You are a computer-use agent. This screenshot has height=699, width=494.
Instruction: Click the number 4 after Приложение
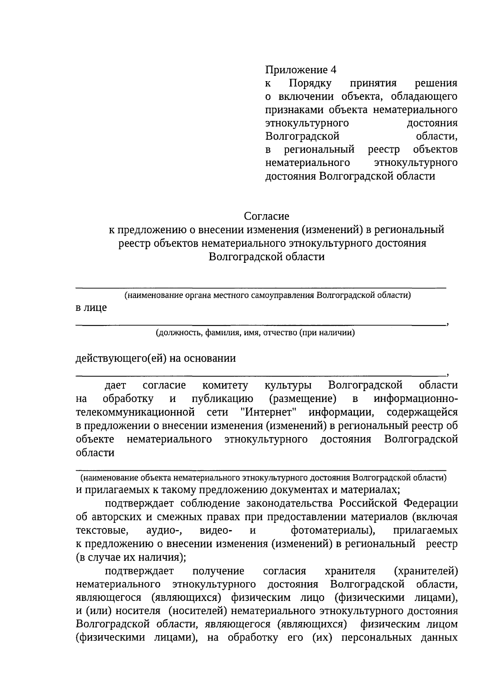333,70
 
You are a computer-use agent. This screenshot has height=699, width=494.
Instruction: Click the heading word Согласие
266,216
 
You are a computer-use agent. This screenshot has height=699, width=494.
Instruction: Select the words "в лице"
91,307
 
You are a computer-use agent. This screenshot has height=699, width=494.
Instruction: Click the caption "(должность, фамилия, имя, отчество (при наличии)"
255,333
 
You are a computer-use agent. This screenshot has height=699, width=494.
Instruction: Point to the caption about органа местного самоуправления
268,295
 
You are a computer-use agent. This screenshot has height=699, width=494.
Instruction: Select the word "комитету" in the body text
225,385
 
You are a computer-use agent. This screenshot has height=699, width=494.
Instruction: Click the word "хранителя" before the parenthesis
350,571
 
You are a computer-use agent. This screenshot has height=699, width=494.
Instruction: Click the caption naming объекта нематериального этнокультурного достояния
263,478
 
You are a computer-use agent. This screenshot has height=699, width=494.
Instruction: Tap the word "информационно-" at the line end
415,399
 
